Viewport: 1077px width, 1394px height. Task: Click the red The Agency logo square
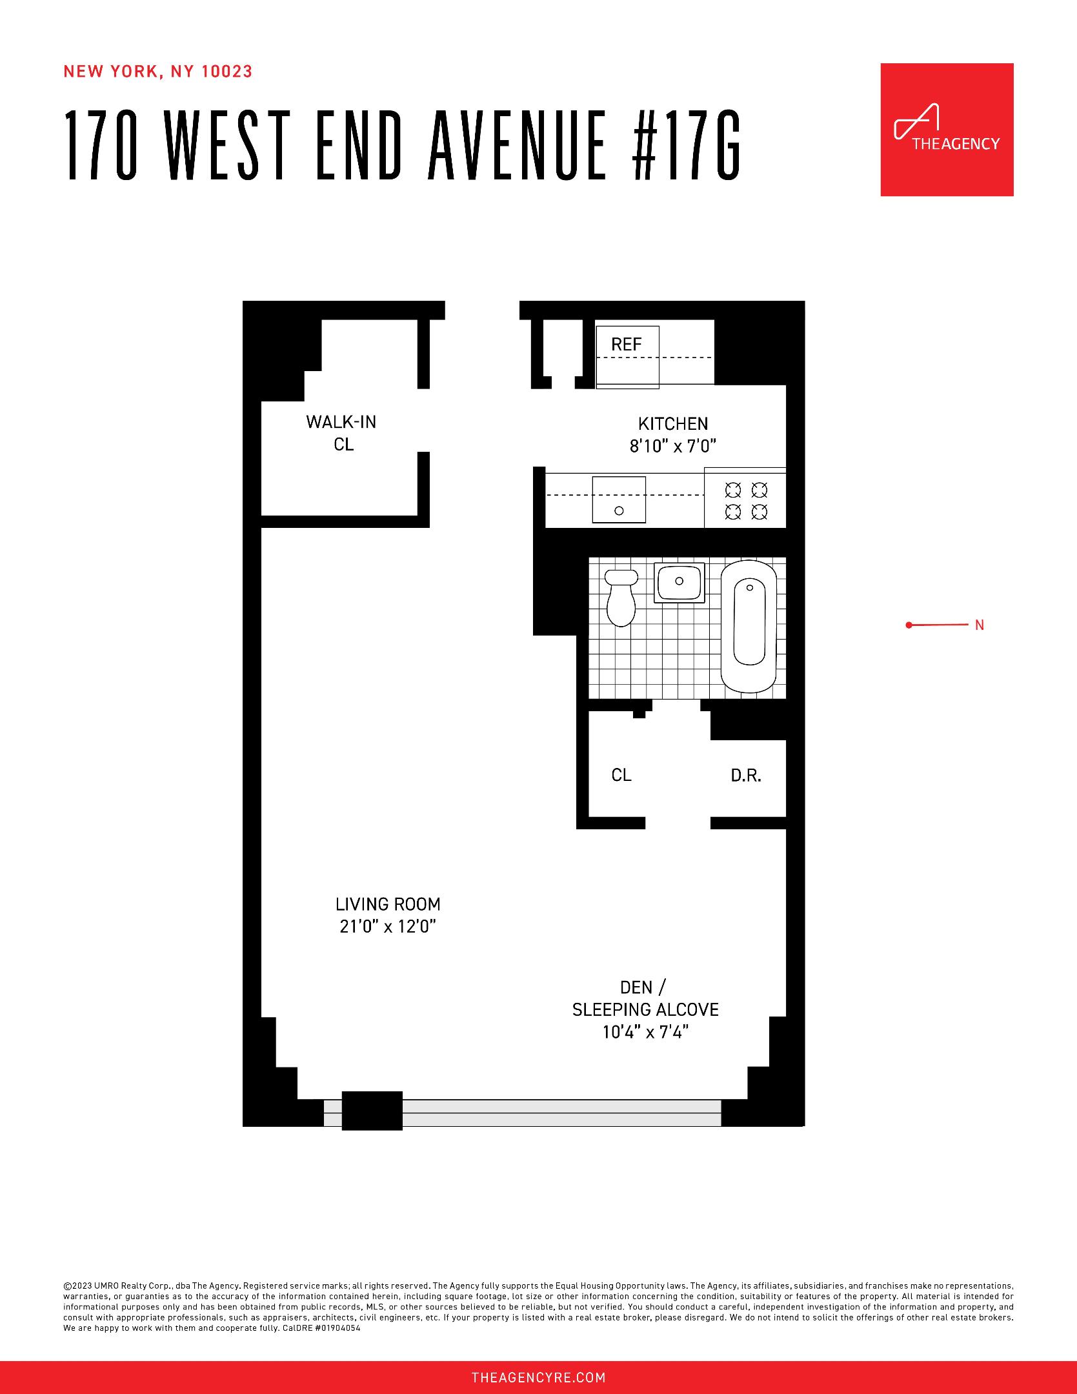[947, 129]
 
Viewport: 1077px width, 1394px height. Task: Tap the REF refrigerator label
[626, 345]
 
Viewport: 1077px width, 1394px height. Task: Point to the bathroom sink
[679, 581]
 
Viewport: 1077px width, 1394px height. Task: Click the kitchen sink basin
[619, 500]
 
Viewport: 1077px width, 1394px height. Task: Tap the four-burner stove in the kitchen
[745, 500]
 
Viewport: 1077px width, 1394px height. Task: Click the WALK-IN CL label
[341, 433]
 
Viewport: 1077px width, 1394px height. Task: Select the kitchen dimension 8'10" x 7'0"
[673, 446]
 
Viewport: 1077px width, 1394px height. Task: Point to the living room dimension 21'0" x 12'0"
[388, 927]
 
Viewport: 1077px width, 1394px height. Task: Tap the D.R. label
[746, 776]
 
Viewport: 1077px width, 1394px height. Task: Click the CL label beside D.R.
[621, 775]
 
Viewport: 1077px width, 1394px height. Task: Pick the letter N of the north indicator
[979, 625]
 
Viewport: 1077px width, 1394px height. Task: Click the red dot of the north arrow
[909, 625]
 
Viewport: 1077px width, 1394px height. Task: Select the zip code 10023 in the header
[226, 72]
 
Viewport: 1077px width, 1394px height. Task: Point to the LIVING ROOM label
[388, 904]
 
